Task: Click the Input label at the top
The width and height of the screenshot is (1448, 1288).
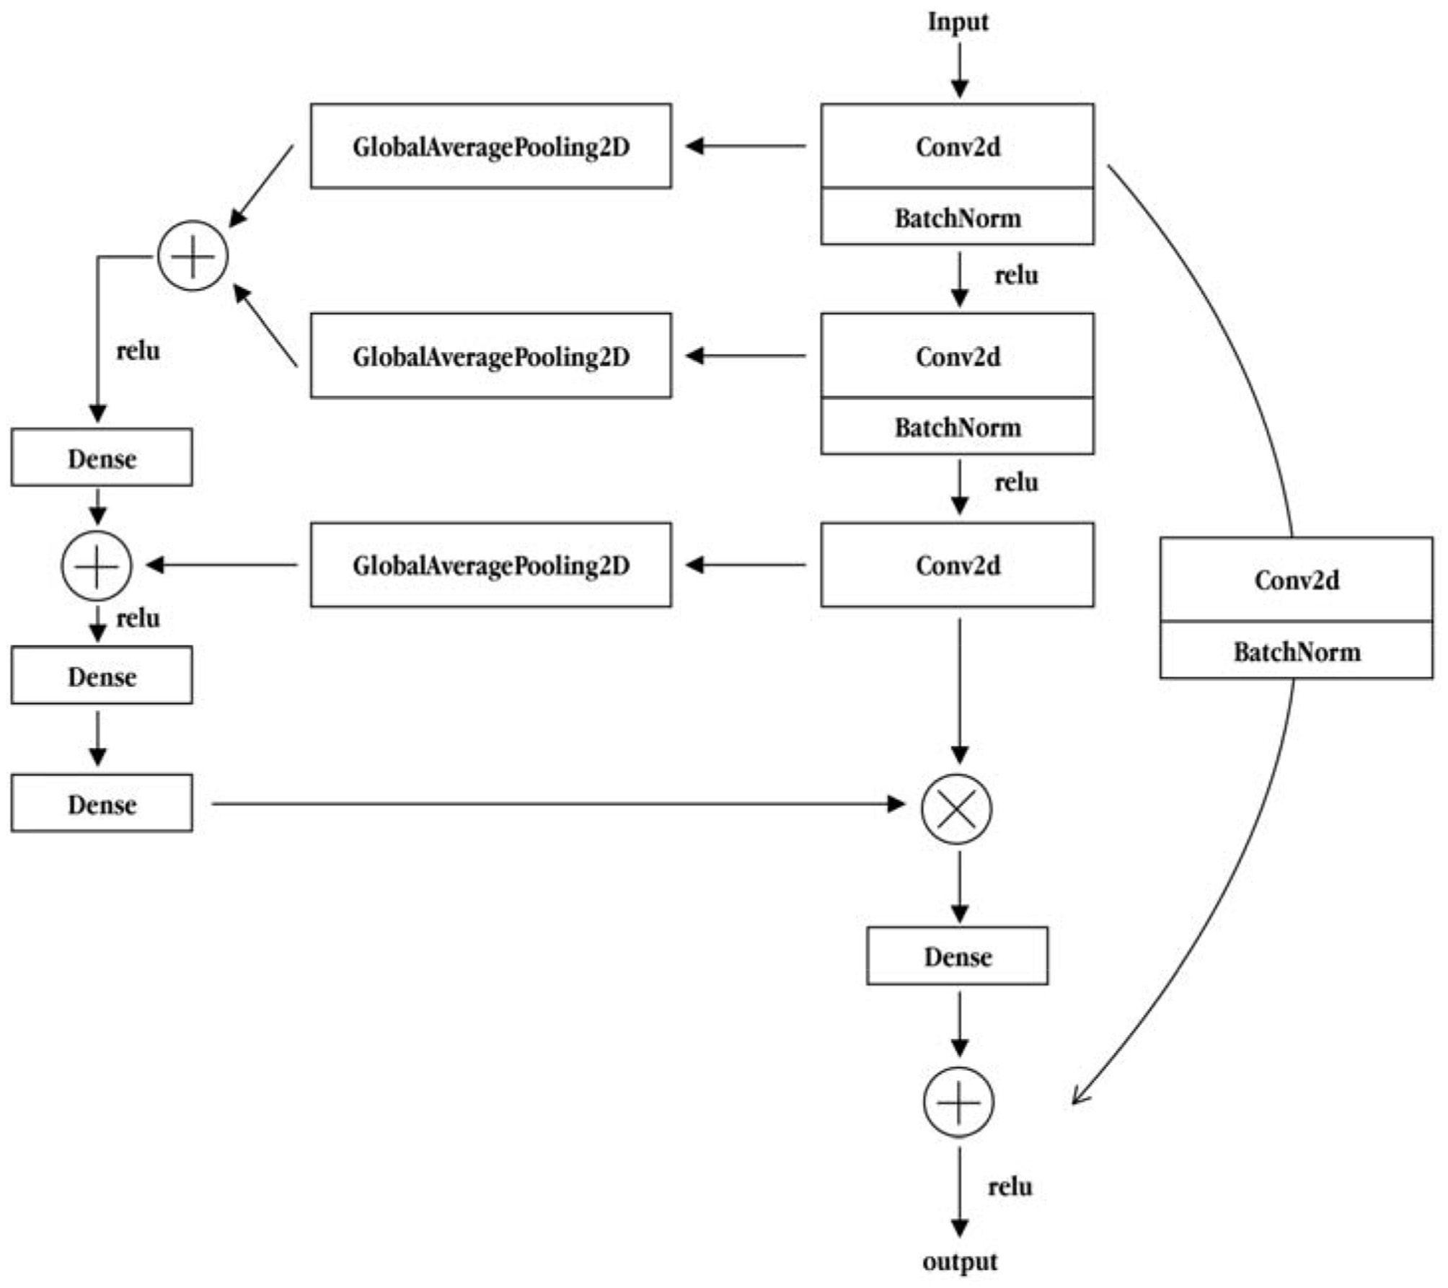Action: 958,22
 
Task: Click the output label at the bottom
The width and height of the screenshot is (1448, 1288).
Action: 960,1261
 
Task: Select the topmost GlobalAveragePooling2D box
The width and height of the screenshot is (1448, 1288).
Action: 490,146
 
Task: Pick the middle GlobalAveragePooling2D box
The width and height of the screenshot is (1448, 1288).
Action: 490,356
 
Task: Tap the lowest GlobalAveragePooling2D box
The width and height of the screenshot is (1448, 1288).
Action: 490,565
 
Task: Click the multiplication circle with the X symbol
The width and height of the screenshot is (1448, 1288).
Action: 956,808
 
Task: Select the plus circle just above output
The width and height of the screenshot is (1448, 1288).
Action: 958,1102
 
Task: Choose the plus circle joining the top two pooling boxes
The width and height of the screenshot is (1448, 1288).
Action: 193,256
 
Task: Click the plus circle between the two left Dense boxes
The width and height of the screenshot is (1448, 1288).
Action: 97,566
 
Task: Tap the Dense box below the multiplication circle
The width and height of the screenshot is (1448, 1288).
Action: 957,956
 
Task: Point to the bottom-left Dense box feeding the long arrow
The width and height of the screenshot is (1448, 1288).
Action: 102,803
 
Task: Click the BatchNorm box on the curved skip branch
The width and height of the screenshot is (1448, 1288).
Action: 1296,650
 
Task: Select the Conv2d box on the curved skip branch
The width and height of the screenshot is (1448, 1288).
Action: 1296,579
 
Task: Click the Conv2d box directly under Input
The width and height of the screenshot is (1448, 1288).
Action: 957,146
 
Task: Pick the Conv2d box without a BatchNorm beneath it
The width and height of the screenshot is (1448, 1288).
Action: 957,565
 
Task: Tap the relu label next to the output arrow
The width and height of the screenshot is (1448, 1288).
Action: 1010,1186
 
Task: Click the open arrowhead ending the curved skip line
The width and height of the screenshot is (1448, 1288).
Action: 1079,1096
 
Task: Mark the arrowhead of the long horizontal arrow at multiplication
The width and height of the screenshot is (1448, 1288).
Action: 897,803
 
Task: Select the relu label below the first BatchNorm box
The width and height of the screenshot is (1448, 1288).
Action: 1016,275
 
